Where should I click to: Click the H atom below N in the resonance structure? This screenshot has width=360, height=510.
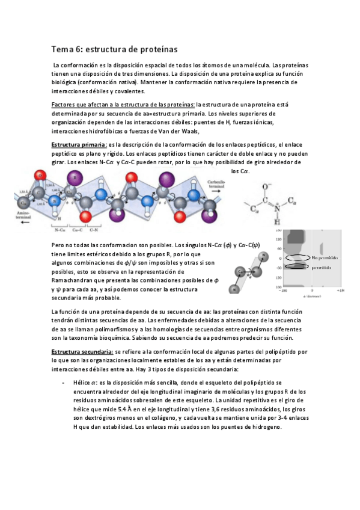click(x=276, y=221)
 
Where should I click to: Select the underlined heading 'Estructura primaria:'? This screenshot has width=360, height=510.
click(x=79, y=145)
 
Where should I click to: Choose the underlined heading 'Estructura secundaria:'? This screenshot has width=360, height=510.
click(x=83, y=351)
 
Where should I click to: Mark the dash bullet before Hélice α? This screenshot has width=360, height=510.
click(x=64, y=381)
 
